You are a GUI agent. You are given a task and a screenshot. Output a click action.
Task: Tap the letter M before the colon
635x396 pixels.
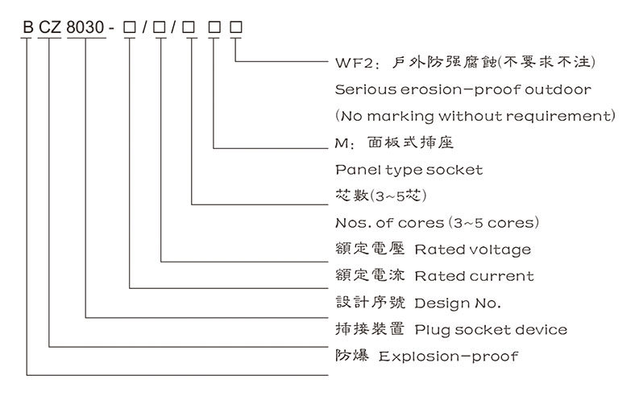pos(339,143)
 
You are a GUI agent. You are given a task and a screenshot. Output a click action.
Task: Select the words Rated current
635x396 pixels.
pos(474,276)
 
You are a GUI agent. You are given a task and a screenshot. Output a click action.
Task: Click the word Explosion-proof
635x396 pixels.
pos(448,356)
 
